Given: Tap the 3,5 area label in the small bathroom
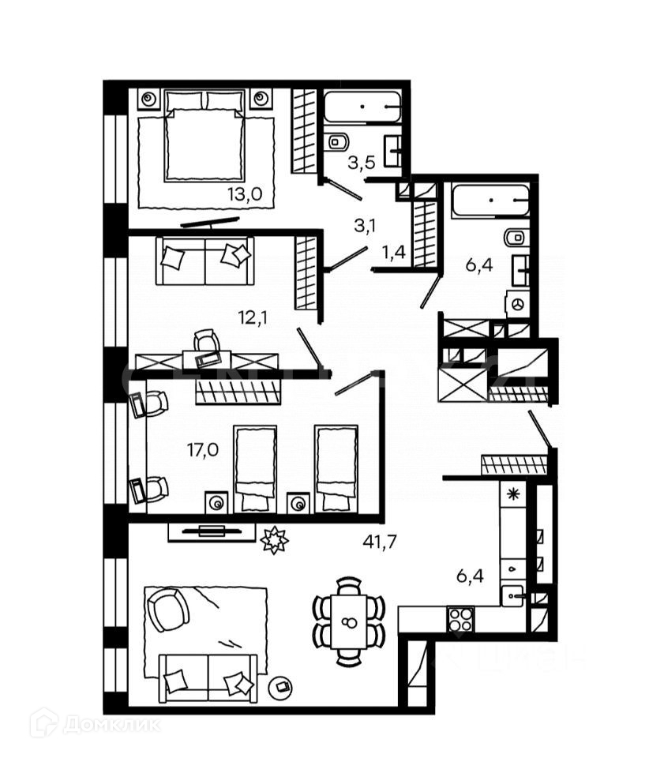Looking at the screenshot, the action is click(362, 163).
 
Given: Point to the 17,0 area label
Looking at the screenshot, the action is click(203, 451).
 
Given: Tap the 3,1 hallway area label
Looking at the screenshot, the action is click(363, 227).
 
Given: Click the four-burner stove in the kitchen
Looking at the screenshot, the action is click(460, 618).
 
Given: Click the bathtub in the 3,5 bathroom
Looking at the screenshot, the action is click(362, 107).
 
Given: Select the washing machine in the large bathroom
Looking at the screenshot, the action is click(518, 303).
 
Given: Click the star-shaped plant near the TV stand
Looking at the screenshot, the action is click(275, 540).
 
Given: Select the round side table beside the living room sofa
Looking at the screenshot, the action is click(279, 687).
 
